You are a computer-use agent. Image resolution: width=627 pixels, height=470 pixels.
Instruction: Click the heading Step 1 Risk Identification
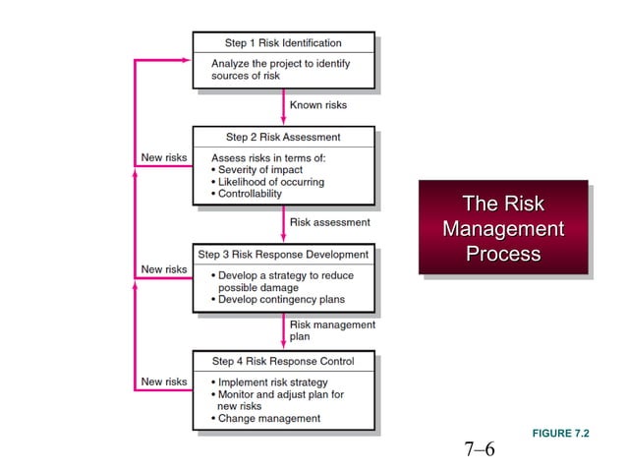click(283, 43)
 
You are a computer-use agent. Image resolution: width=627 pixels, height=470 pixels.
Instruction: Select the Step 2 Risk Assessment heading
click(283, 137)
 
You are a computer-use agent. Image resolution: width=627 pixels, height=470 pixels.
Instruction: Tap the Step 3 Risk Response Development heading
click(283, 254)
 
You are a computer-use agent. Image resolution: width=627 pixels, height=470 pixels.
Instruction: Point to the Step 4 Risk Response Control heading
click(283, 361)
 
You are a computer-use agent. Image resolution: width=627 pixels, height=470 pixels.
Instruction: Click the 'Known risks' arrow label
click(317, 104)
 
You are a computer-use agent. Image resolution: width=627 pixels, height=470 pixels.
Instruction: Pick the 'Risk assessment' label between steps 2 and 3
click(329, 222)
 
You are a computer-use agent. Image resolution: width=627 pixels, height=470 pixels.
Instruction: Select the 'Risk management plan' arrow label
click(331, 329)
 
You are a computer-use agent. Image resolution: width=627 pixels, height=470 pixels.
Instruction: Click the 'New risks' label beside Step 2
click(163, 157)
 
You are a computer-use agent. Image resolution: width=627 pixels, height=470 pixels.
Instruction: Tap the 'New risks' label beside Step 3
click(163, 268)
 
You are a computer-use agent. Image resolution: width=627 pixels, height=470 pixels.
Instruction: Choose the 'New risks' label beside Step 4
click(163, 382)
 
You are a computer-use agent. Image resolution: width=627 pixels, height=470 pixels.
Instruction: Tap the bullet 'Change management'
click(269, 418)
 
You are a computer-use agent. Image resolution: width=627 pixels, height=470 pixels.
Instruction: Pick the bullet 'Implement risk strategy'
click(272, 382)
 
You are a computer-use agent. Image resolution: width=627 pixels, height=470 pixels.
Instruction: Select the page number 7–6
click(480, 450)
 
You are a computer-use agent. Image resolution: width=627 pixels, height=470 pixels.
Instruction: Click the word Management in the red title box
click(503, 229)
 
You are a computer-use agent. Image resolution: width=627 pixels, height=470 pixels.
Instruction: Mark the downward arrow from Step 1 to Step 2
click(284, 106)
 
